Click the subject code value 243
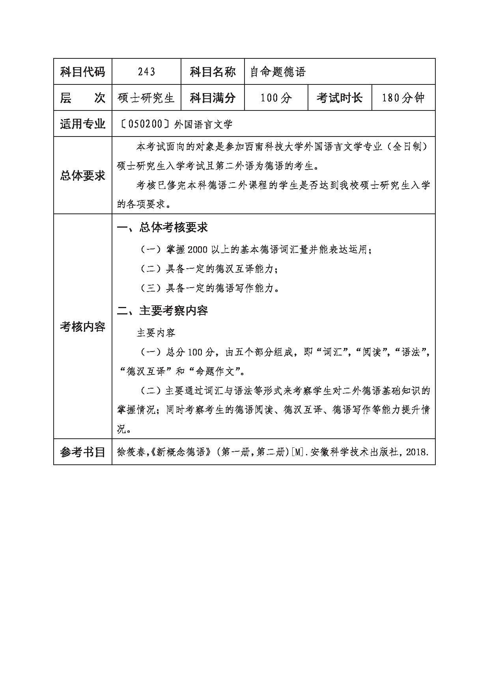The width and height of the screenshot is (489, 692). [x=146, y=72]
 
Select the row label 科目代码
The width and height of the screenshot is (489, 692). [x=83, y=72]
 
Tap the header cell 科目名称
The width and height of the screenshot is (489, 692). [x=213, y=72]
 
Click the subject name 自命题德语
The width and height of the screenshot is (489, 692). [x=278, y=72]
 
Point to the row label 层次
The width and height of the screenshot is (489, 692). [x=83, y=98]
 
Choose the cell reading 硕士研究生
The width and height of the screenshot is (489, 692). [x=146, y=98]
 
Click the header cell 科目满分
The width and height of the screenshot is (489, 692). [x=213, y=98]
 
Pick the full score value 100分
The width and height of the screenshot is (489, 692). [x=276, y=98]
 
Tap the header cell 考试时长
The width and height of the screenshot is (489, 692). [x=340, y=98]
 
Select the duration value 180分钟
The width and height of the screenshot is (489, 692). [x=403, y=98]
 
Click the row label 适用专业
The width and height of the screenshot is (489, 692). [x=83, y=124]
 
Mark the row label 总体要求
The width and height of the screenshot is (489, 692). [x=83, y=176]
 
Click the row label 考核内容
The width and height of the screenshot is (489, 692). [x=83, y=327]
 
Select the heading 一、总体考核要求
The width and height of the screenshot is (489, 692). [x=162, y=227]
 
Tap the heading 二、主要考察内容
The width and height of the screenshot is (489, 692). [x=162, y=311]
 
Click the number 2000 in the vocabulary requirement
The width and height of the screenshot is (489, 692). [x=198, y=250]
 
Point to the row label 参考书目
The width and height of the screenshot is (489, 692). [x=83, y=452]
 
